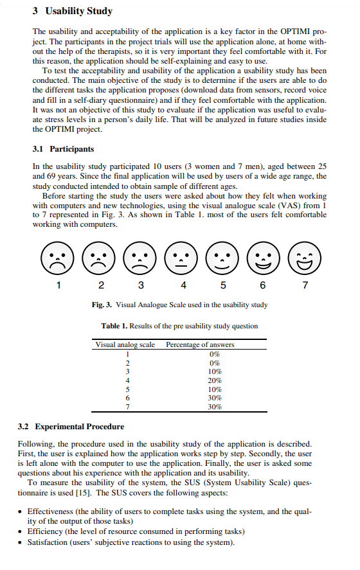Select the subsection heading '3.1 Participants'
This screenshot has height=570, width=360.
tap(63, 148)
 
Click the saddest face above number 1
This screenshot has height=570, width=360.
tap(59, 258)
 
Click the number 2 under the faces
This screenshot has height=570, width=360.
tap(100, 285)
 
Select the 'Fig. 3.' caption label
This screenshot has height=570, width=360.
tap(104, 305)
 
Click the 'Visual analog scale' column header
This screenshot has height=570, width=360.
tap(125, 344)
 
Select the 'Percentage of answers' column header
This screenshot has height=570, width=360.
tap(200, 344)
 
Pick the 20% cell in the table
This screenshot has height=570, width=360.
tap(215, 380)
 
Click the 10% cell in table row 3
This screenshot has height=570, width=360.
tap(215, 371)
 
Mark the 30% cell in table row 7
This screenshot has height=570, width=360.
tap(215, 407)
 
